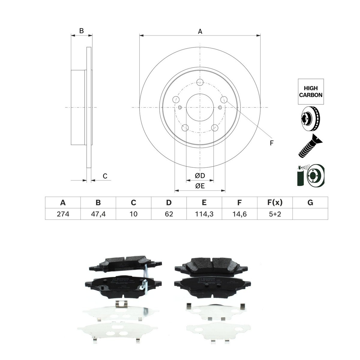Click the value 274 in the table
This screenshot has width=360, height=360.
point(63,214)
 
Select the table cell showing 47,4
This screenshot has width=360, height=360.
point(98,214)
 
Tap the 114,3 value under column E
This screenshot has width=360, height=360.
point(204,214)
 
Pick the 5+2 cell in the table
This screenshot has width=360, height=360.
point(274,214)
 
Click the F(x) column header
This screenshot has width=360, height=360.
point(274,203)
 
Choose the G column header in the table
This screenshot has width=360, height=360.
point(310,203)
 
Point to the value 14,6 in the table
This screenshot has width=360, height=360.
point(239,214)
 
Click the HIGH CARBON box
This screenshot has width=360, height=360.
point(311,91)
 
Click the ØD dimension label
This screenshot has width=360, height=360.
point(199,176)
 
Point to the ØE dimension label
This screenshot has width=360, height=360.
point(200,186)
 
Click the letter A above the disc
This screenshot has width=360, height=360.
point(200,31)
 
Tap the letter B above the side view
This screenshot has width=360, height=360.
point(81,31)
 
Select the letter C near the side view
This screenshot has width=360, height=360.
point(105,176)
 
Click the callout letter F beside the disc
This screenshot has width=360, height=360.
point(271,143)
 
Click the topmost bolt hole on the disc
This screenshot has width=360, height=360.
point(200,82)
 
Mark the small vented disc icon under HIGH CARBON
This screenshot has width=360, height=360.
point(310,119)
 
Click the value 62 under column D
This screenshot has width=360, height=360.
point(169,214)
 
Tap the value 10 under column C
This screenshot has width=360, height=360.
point(133,214)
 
